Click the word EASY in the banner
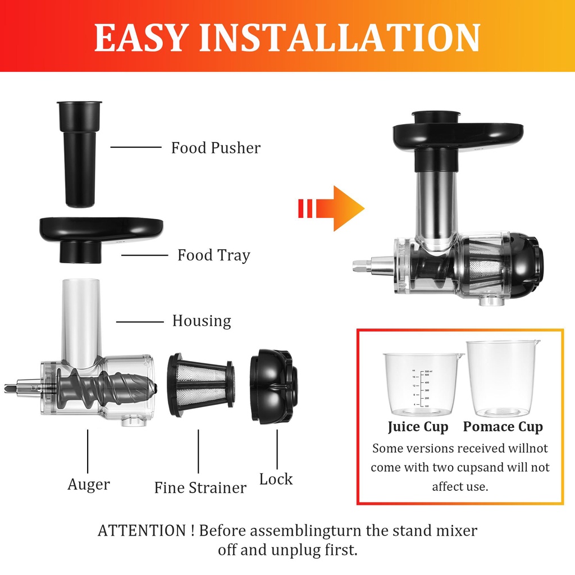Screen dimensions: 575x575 coord(140,38)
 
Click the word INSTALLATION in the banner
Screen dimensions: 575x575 coord(340,38)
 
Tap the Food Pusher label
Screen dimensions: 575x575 coord(216,148)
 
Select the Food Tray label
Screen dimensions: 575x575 coord(213,255)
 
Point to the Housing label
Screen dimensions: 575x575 coord(201,321)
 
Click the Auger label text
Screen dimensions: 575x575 coord(89,484)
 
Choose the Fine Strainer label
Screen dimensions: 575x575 coord(200,487)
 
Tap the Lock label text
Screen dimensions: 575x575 coord(276,480)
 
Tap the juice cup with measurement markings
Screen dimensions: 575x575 coord(423,384)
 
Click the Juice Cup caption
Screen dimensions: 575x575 coord(418,427)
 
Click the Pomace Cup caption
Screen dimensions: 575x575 coord(503,427)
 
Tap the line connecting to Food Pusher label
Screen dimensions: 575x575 coord(135,147)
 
